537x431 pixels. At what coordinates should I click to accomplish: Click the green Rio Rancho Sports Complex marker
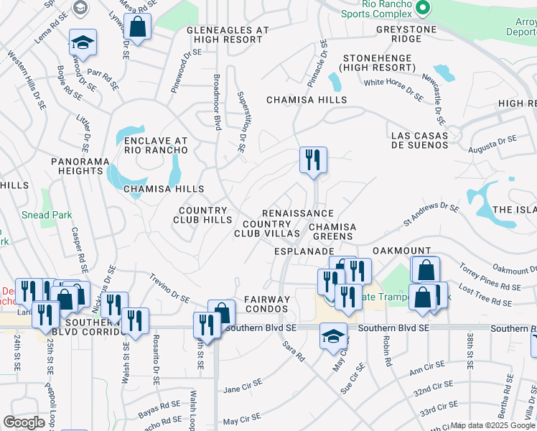[x=423, y=8]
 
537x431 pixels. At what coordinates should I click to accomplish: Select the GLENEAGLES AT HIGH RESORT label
[x=227, y=34]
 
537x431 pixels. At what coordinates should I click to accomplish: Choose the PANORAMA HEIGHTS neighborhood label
[x=77, y=167]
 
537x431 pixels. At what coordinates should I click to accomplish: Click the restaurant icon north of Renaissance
[x=313, y=159]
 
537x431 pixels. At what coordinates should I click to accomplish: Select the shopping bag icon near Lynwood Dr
[x=137, y=27]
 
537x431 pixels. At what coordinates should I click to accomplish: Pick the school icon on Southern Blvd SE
[x=333, y=335]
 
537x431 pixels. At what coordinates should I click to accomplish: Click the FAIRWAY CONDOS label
[x=267, y=304]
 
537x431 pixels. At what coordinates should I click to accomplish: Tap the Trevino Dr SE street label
[x=169, y=288]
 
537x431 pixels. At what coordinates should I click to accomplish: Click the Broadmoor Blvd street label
[x=216, y=101]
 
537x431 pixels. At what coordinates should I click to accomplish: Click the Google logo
[x=24, y=422]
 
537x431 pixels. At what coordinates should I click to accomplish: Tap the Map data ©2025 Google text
[x=492, y=425]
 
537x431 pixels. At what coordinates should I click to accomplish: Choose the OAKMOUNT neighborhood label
[x=401, y=251]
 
